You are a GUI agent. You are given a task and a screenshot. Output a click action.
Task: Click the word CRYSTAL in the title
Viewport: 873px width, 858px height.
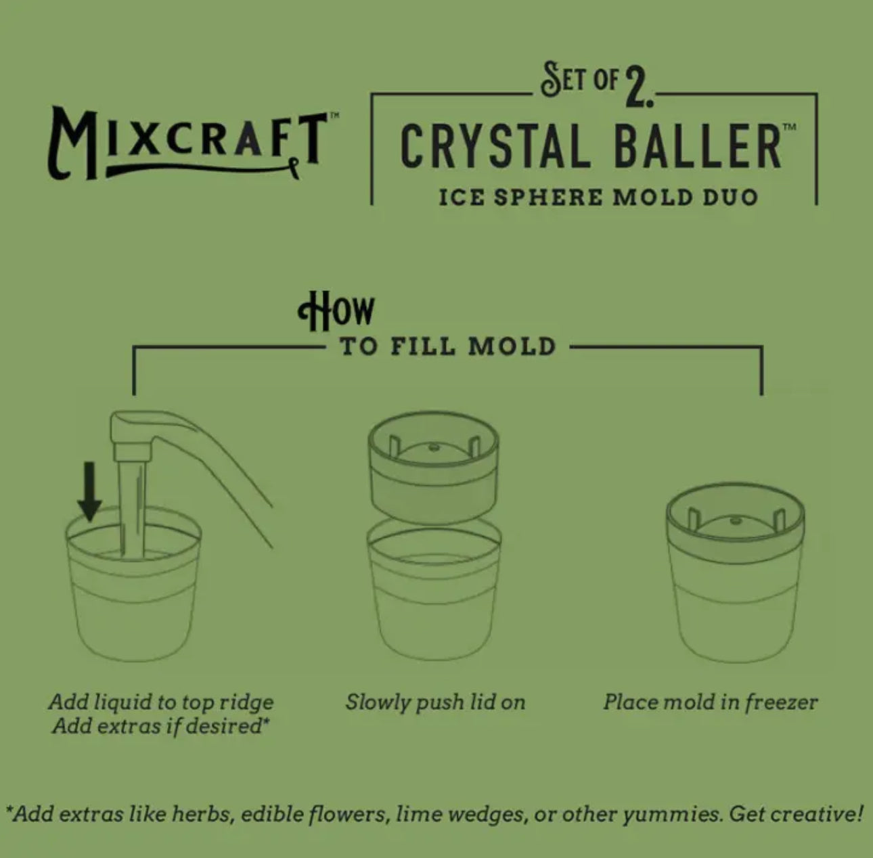pyautogui.click(x=494, y=145)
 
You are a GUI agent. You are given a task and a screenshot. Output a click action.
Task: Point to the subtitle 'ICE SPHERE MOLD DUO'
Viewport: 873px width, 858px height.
pyautogui.click(x=598, y=198)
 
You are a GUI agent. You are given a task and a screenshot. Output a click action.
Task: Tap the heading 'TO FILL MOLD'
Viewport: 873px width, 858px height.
pyautogui.click(x=447, y=346)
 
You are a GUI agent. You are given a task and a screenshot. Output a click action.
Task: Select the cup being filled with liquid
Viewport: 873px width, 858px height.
pyautogui.click(x=133, y=595)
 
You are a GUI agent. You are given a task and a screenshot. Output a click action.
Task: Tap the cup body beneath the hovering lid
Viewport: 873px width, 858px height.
pyautogui.click(x=434, y=595)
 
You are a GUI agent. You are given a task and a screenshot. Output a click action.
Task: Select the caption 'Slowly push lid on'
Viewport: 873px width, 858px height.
pyautogui.click(x=435, y=702)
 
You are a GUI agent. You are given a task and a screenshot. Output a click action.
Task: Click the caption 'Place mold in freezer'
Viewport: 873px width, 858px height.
pyautogui.click(x=710, y=702)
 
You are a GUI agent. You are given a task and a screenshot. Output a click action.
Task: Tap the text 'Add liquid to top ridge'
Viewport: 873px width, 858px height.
pyautogui.click(x=161, y=702)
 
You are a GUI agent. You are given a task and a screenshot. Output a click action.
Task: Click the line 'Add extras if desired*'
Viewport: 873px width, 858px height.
pyautogui.click(x=161, y=727)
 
